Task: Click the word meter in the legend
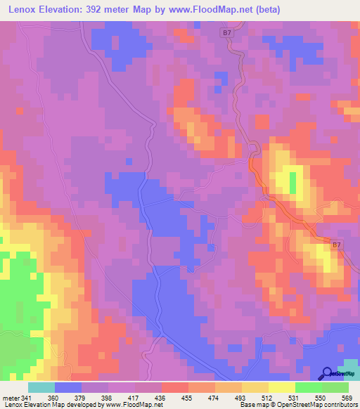[x=12, y=397]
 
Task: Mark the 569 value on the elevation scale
[x=347, y=397]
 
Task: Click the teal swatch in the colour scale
[x=41, y=387]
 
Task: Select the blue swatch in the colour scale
[x=68, y=387]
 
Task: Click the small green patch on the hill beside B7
[x=292, y=183]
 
